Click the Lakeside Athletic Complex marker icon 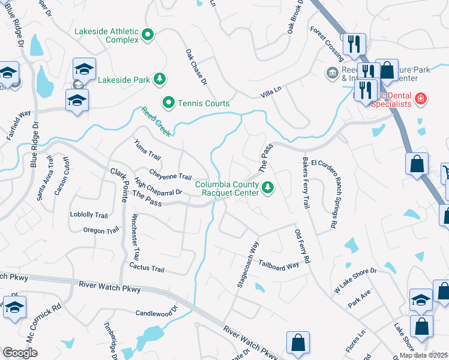click(148, 35)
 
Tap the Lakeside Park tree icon click(159, 79)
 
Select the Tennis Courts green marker click(169, 103)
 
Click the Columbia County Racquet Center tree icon click(268, 188)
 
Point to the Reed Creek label click(155, 120)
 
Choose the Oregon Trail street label click(101, 230)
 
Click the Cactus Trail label click(146, 268)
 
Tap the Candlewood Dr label click(157, 313)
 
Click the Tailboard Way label click(279, 265)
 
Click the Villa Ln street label click(271, 91)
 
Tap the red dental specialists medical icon click(421, 98)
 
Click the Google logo click(20, 353)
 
